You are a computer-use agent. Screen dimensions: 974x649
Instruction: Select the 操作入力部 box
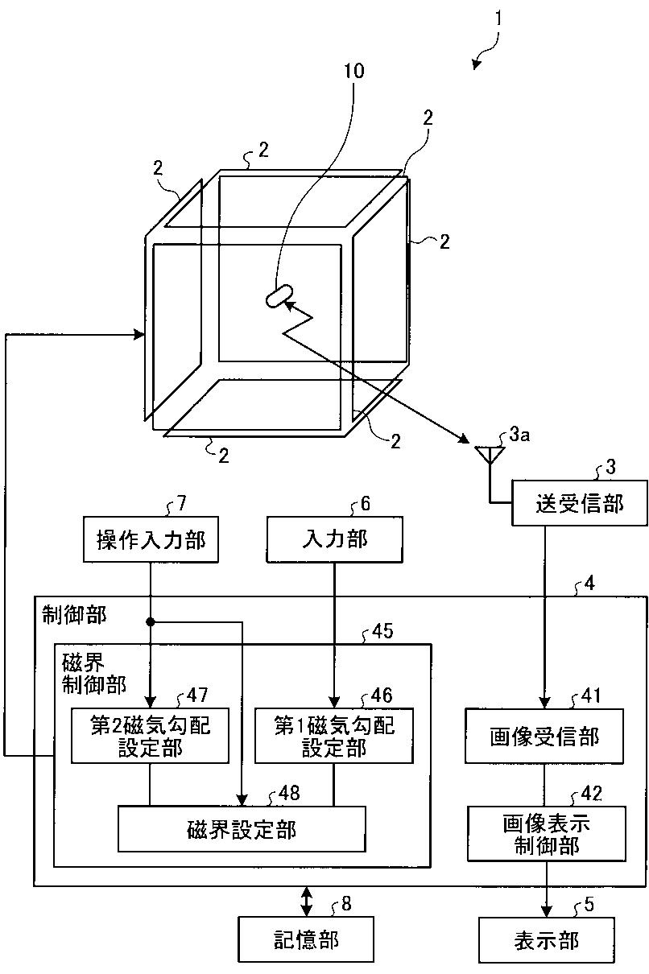coord(151,539)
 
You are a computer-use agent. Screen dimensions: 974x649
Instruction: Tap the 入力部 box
coord(334,539)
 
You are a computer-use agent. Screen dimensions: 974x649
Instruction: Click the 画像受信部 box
coord(544,736)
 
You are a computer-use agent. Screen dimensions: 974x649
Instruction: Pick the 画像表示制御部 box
coord(547,833)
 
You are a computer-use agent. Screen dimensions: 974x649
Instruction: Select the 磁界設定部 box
coord(242,828)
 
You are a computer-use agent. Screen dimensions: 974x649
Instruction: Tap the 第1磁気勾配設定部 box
coord(334,736)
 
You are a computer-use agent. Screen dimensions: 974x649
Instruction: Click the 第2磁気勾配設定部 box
coord(151,736)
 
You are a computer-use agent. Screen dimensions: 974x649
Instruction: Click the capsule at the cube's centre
coord(277,296)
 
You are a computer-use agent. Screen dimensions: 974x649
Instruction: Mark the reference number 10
coord(353,71)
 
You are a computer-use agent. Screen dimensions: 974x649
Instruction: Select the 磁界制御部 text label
coord(93,673)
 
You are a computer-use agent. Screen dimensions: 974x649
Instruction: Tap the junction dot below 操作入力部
coord(151,621)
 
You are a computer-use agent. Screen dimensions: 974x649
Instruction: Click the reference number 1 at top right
coord(498,18)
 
